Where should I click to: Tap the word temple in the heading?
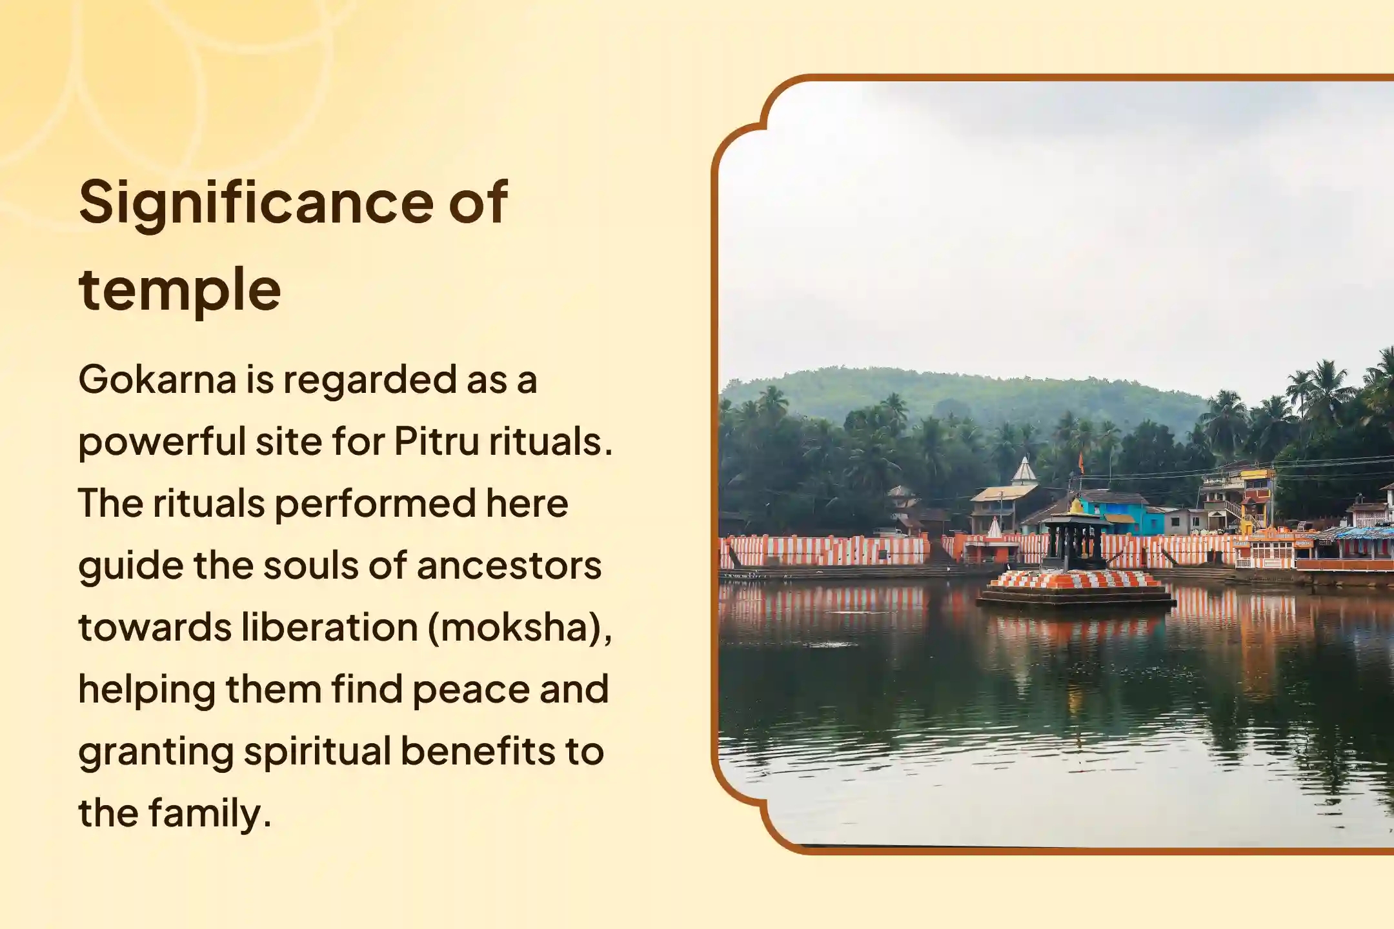(x=179, y=290)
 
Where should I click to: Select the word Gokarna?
(x=157, y=379)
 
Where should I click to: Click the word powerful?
(x=161, y=442)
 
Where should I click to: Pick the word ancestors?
(x=509, y=566)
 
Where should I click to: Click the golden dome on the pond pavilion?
(x=1075, y=507)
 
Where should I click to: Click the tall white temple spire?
(x=1024, y=471)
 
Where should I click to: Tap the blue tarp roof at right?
(x=1362, y=534)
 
